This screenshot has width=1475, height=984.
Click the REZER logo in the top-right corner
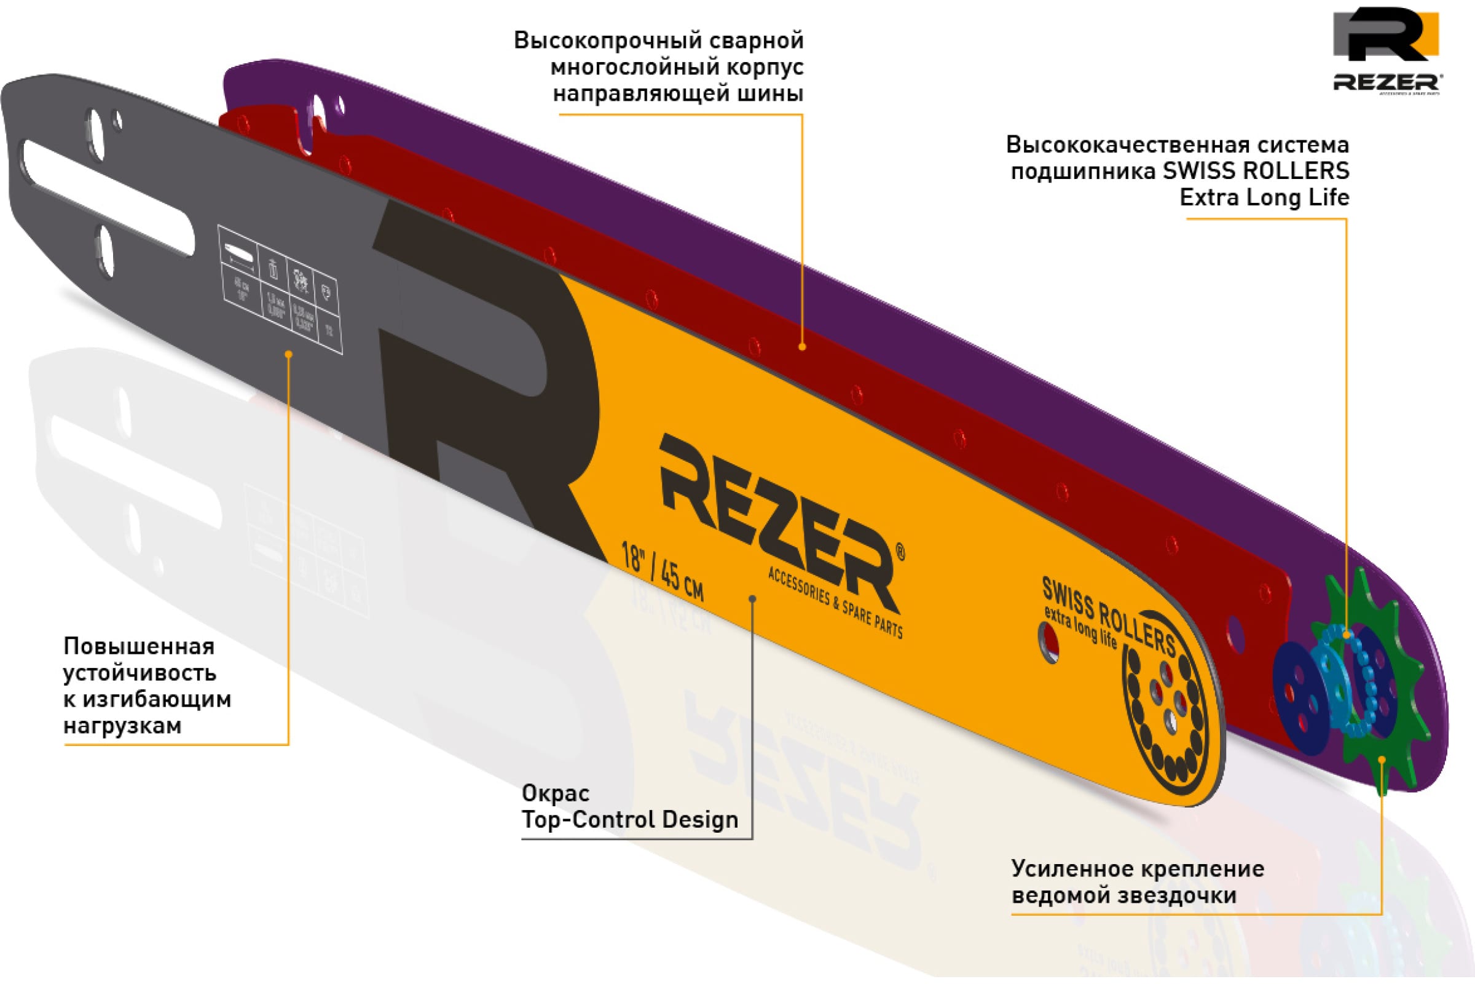pyautogui.click(x=1386, y=50)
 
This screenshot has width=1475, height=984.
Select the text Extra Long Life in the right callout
pyautogui.click(x=1264, y=198)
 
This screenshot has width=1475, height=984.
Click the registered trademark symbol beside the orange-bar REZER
pyautogui.click(x=900, y=552)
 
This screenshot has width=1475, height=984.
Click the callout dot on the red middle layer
pyautogui.click(x=802, y=346)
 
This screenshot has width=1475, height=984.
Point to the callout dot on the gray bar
pyautogui.click(x=288, y=355)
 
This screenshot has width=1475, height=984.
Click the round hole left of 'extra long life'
pyautogui.click(x=1050, y=643)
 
